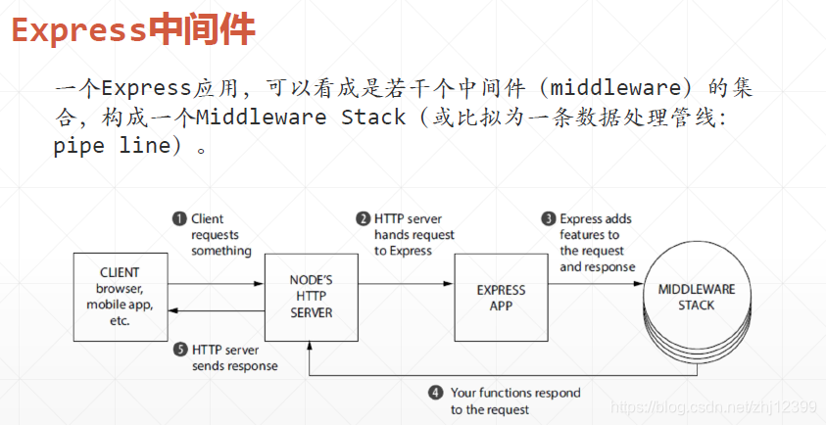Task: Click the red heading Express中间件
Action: [x=133, y=30]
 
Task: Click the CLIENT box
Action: [x=120, y=297]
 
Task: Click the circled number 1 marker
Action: [x=179, y=219]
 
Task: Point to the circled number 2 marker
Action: [x=364, y=219]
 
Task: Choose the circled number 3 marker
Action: [x=550, y=219]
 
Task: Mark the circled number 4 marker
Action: [x=436, y=393]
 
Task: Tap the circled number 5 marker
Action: [x=179, y=349]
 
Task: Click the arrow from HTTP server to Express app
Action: [x=406, y=284]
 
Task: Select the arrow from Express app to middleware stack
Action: [x=595, y=284]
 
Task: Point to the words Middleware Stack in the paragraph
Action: [x=300, y=118]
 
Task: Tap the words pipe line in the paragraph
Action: [x=109, y=148]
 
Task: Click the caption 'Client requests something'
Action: [x=220, y=235]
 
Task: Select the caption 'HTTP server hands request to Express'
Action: [x=414, y=235]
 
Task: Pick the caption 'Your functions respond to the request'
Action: [x=515, y=401]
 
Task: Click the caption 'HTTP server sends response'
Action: [x=234, y=357]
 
